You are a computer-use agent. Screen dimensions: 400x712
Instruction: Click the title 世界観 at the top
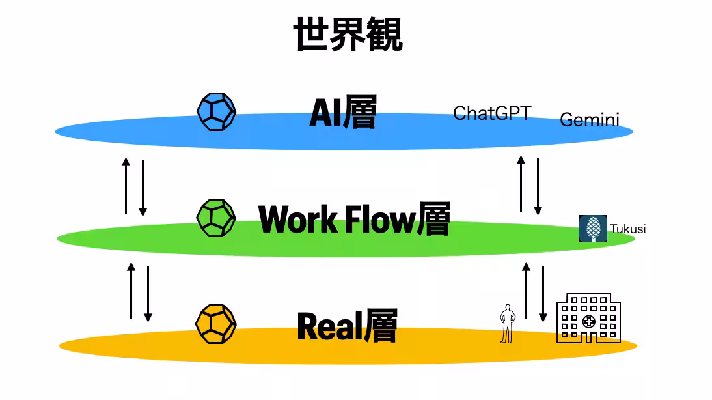[x=348, y=35]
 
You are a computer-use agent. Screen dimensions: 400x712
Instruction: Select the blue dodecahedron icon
[x=216, y=112]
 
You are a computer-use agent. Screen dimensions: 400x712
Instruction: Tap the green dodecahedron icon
[x=216, y=218]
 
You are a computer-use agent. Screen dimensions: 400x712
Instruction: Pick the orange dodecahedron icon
[x=216, y=323]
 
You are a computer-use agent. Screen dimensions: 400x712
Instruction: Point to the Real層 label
[x=347, y=326]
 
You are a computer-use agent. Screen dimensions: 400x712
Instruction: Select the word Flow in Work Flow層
[x=379, y=219]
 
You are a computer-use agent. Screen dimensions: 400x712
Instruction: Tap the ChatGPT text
[x=492, y=113]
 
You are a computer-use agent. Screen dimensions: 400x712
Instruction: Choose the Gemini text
[x=589, y=120]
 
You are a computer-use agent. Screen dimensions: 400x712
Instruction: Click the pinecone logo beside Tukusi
[x=593, y=229]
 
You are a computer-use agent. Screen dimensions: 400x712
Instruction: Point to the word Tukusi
[x=627, y=229]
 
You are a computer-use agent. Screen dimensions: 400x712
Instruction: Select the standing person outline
[x=507, y=323]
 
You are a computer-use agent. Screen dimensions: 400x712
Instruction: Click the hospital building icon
[x=588, y=318]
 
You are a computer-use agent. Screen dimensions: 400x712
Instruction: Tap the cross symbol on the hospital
[x=588, y=321]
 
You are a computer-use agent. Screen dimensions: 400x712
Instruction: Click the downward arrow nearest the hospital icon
[x=543, y=293]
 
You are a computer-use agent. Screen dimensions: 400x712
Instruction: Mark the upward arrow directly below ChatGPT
[x=521, y=184]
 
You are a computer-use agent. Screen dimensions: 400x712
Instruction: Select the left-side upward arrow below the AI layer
[x=126, y=185]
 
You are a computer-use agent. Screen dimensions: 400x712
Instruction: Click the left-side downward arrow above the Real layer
[x=148, y=293]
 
